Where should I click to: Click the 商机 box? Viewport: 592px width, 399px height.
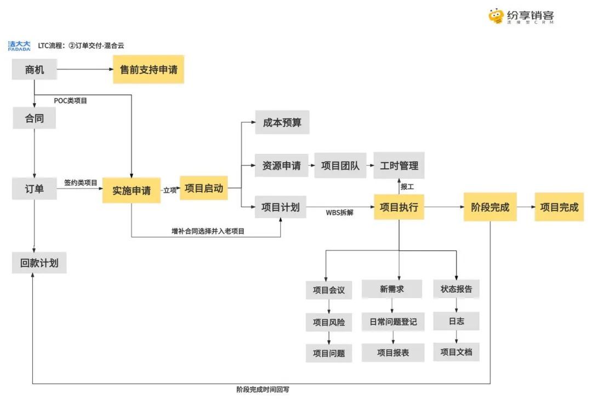(34, 70)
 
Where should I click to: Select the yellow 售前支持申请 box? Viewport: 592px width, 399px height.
(149, 70)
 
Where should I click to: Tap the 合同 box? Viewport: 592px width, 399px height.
(34, 118)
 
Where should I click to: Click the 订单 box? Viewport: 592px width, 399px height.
(34, 189)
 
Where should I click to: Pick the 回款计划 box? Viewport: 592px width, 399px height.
(39, 263)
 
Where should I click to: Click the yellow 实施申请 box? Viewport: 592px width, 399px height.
(132, 190)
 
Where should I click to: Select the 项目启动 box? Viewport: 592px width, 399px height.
(204, 188)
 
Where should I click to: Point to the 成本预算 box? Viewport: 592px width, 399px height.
(282, 122)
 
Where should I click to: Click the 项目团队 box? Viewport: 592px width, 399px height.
(340, 165)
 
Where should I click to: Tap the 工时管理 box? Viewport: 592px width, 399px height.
(399, 165)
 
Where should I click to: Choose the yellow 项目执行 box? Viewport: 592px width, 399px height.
(399, 207)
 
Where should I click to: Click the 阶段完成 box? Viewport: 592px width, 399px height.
(490, 207)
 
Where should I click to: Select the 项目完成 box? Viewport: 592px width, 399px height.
(559, 207)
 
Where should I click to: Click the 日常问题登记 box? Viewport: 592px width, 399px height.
(392, 322)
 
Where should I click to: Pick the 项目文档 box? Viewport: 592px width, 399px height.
(456, 352)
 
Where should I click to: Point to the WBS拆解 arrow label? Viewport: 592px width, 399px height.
(340, 213)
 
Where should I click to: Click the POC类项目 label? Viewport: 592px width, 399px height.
(70, 101)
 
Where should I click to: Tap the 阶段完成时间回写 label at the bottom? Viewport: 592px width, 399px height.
(263, 390)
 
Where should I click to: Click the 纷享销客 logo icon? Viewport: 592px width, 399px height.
(497, 15)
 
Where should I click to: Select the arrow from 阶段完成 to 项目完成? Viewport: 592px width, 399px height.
(525, 207)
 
